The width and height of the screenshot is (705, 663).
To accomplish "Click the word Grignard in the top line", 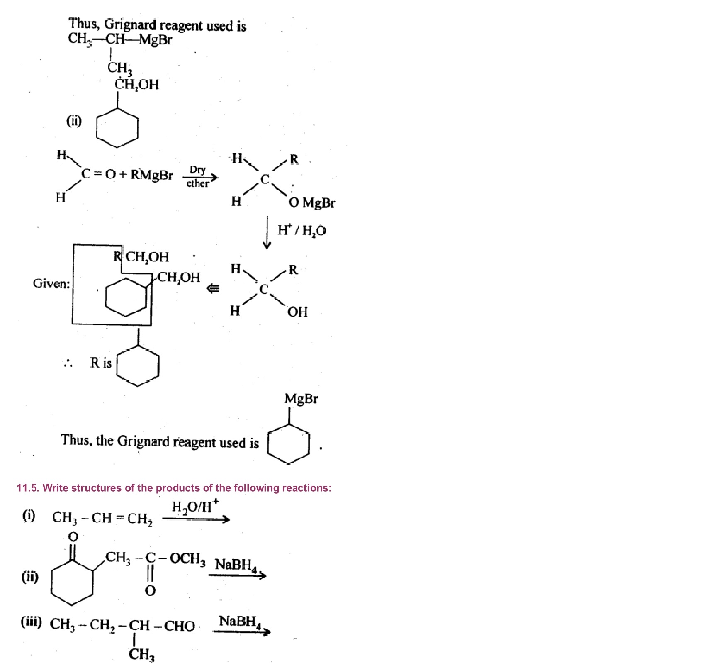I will pyautogui.click(x=130, y=25).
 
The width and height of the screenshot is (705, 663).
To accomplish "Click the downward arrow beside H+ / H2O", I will pyautogui.click(x=267, y=232).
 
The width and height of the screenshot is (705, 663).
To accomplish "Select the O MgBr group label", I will pyautogui.click(x=312, y=203).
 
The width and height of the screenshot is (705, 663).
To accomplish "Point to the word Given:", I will pyautogui.click(x=51, y=284).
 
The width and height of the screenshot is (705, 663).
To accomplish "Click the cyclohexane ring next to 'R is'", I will pyautogui.click(x=138, y=366).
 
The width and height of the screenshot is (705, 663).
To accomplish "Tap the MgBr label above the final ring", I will pyautogui.click(x=301, y=399).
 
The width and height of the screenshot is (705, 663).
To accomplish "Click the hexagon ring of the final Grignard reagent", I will pyautogui.click(x=289, y=443).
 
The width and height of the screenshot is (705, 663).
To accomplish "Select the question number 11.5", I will pyautogui.click(x=27, y=488).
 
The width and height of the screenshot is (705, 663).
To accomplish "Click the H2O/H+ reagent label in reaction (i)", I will pyautogui.click(x=194, y=507).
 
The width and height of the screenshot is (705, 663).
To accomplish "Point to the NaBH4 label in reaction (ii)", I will pyautogui.click(x=236, y=565).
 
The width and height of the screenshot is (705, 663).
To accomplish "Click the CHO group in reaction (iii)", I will pyautogui.click(x=180, y=626).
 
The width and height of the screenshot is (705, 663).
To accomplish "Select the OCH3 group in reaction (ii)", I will pyautogui.click(x=187, y=558).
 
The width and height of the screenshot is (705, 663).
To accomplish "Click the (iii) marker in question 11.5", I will pyautogui.click(x=31, y=622).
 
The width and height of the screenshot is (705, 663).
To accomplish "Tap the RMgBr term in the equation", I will pyautogui.click(x=151, y=175).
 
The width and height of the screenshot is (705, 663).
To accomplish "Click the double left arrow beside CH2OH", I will pyautogui.click(x=213, y=288).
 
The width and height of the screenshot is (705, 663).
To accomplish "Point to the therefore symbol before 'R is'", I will pyautogui.click(x=68, y=363).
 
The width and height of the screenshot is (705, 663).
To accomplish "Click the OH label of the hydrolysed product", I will pyautogui.click(x=297, y=312).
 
